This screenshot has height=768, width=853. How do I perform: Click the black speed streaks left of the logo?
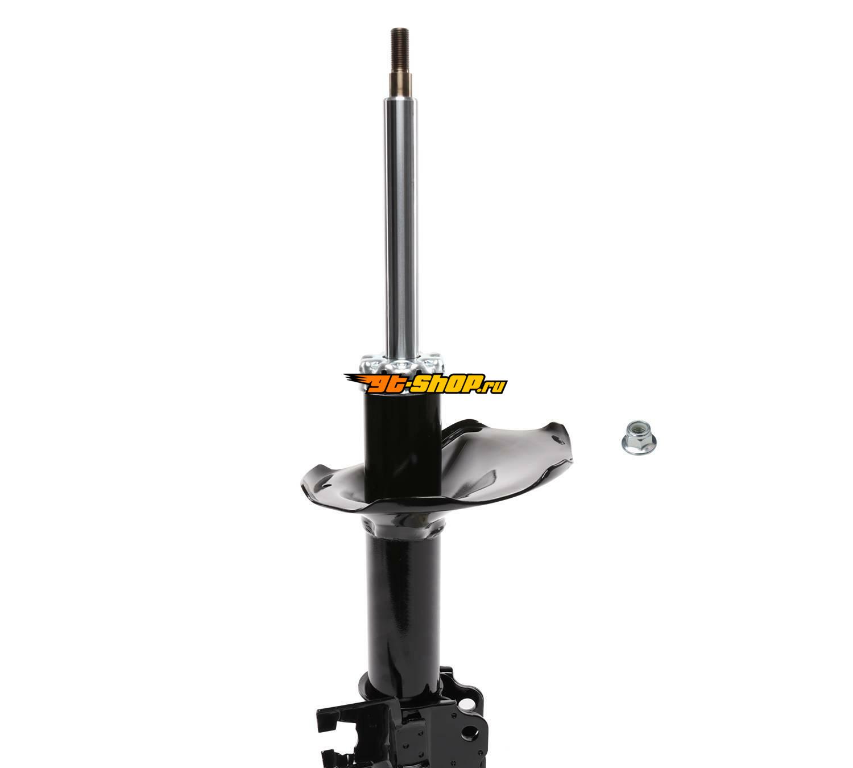(x=355, y=380)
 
